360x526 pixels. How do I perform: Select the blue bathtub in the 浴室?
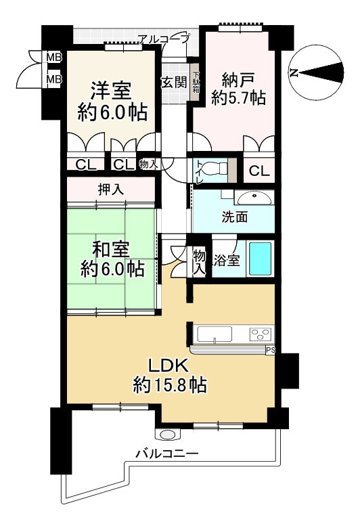tap(261, 259)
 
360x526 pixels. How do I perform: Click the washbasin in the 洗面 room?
tap(255, 198)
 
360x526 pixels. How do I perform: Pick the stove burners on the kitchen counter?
tap(260, 334)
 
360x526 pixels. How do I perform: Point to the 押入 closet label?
tap(113, 190)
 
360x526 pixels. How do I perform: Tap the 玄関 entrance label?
tap(173, 83)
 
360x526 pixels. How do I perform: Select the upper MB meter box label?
tap(53, 58)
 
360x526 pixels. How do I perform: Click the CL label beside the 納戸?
tap(258, 171)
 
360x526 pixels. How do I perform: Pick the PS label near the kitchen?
tap(270, 350)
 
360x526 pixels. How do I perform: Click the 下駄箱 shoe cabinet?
tap(196, 83)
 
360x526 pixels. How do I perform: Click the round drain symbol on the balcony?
tap(167, 434)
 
